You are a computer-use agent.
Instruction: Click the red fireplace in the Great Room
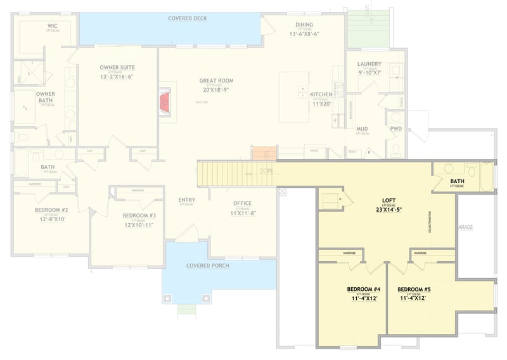coord(165,101)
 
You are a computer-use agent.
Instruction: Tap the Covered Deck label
coord(188,18)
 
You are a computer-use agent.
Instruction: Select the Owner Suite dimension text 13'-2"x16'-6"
coord(117,77)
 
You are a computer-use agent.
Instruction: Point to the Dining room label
coord(304,25)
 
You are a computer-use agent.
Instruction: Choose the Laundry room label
coord(369,64)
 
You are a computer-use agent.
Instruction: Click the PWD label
coord(396,129)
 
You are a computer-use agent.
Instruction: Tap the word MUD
coord(363,129)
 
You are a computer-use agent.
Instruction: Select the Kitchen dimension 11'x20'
coord(321,102)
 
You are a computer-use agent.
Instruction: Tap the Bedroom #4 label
coord(359,289)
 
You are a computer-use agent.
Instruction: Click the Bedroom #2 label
coord(51,210)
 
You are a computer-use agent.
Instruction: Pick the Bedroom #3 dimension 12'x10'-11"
coord(139,224)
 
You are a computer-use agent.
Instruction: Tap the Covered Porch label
coord(207,266)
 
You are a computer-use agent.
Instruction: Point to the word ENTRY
coord(186,200)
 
